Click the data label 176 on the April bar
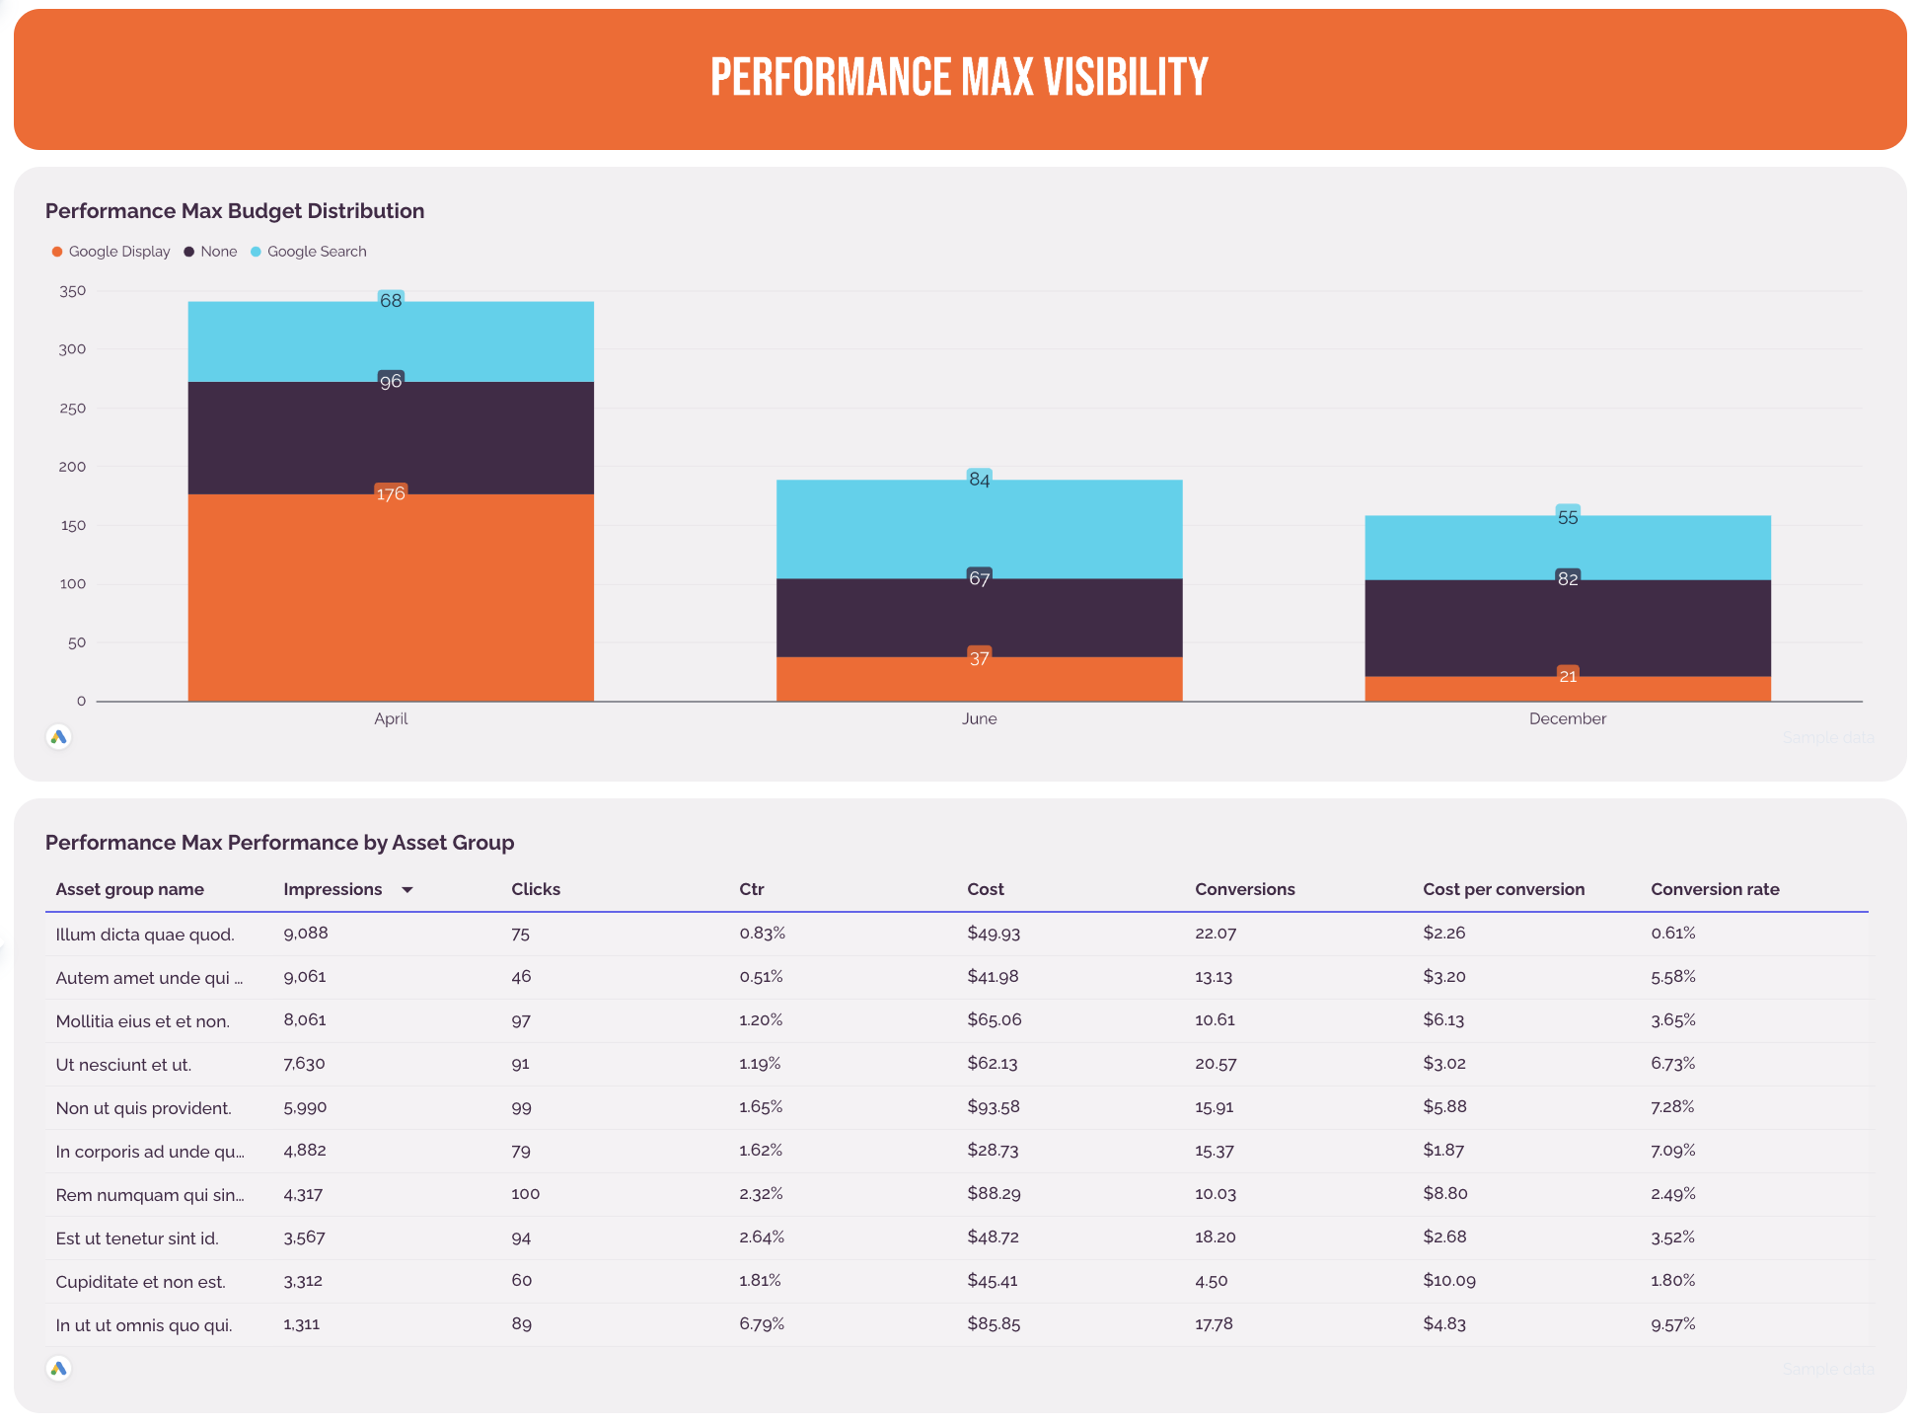click(391, 493)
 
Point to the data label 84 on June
click(979, 480)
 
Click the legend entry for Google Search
click(316, 252)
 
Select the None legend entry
click(218, 252)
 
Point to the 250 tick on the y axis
click(73, 409)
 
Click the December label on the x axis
click(1567, 719)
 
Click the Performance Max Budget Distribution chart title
click(235, 211)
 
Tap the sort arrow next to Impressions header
click(406, 890)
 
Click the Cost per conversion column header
click(1503, 889)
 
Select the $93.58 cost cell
click(993, 1107)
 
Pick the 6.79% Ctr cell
click(761, 1324)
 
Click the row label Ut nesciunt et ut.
click(123, 1065)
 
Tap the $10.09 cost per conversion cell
click(1448, 1281)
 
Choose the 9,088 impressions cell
click(305, 934)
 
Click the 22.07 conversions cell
click(1215, 934)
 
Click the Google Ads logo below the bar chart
click(59, 737)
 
